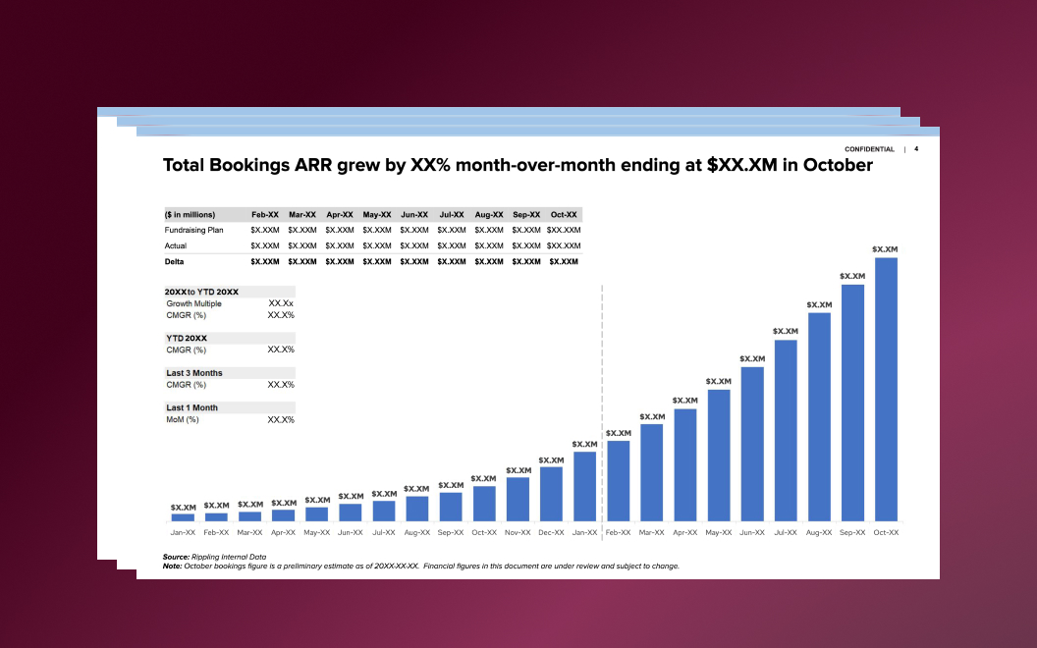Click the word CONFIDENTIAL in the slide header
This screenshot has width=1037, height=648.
click(869, 149)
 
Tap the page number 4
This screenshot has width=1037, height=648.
click(916, 149)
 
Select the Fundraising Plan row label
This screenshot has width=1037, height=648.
click(194, 230)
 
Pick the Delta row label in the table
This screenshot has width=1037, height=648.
click(175, 262)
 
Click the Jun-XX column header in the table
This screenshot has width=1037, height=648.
click(414, 214)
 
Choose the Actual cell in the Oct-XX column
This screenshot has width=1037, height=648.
click(564, 245)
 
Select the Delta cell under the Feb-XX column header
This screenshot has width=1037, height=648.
click(265, 262)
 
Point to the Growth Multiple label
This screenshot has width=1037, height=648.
click(193, 304)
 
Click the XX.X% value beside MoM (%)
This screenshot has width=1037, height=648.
click(281, 420)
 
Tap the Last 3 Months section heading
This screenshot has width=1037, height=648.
click(194, 373)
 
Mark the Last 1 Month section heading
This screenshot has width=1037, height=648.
click(191, 407)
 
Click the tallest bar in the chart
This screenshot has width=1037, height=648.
click(886, 389)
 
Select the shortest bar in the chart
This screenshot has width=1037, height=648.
click(183, 516)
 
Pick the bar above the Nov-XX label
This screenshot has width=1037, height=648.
click(518, 499)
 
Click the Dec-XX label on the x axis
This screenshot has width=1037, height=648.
click(551, 533)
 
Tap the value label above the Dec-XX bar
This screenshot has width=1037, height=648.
click(551, 460)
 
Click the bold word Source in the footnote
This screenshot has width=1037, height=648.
click(176, 557)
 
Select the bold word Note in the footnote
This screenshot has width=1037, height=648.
click(172, 566)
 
